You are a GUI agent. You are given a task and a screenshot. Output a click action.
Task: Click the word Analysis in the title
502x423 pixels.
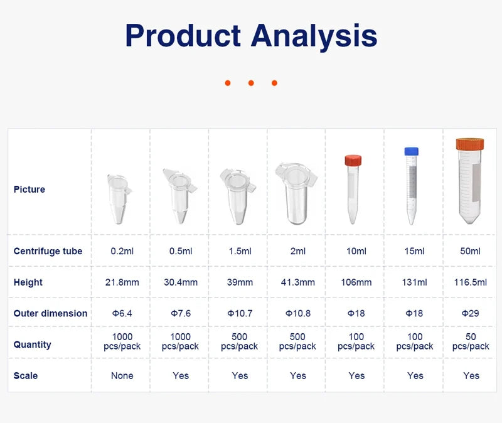click(x=314, y=36)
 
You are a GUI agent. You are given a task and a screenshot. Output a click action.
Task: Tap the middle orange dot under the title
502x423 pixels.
click(x=250, y=83)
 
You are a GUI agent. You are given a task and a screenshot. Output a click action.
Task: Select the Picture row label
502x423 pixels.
click(x=29, y=190)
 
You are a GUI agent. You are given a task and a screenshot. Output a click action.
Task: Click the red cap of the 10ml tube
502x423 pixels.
click(x=353, y=161)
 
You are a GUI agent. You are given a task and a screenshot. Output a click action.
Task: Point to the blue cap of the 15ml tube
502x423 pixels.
click(x=411, y=151)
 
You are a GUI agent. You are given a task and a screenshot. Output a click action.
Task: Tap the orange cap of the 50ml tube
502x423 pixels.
click(x=470, y=144)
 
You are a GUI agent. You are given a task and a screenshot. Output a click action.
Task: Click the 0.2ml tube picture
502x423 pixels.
click(x=119, y=198)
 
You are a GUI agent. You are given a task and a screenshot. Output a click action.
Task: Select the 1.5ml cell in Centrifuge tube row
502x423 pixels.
click(x=240, y=251)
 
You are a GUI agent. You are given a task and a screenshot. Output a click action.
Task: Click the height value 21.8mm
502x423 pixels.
click(x=122, y=282)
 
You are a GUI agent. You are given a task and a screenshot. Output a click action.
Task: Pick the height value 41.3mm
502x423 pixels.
click(x=298, y=282)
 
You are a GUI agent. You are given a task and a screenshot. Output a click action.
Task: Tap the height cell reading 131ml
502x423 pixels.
click(x=415, y=282)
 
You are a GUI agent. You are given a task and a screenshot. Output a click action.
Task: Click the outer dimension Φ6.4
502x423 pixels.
click(x=122, y=313)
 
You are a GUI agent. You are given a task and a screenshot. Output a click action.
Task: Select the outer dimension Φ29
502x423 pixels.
click(x=471, y=313)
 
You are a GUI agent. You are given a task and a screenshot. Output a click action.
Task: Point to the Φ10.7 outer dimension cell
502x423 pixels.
click(x=240, y=313)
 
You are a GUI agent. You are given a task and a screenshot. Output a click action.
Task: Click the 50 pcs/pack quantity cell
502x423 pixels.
click(x=471, y=341)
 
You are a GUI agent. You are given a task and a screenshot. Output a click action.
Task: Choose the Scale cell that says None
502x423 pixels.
click(x=122, y=376)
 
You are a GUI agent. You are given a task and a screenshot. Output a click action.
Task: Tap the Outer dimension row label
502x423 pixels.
click(x=50, y=313)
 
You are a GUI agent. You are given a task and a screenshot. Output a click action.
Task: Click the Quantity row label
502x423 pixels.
click(x=32, y=345)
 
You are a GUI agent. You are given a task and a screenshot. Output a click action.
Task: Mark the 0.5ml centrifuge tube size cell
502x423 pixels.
click(x=181, y=251)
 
